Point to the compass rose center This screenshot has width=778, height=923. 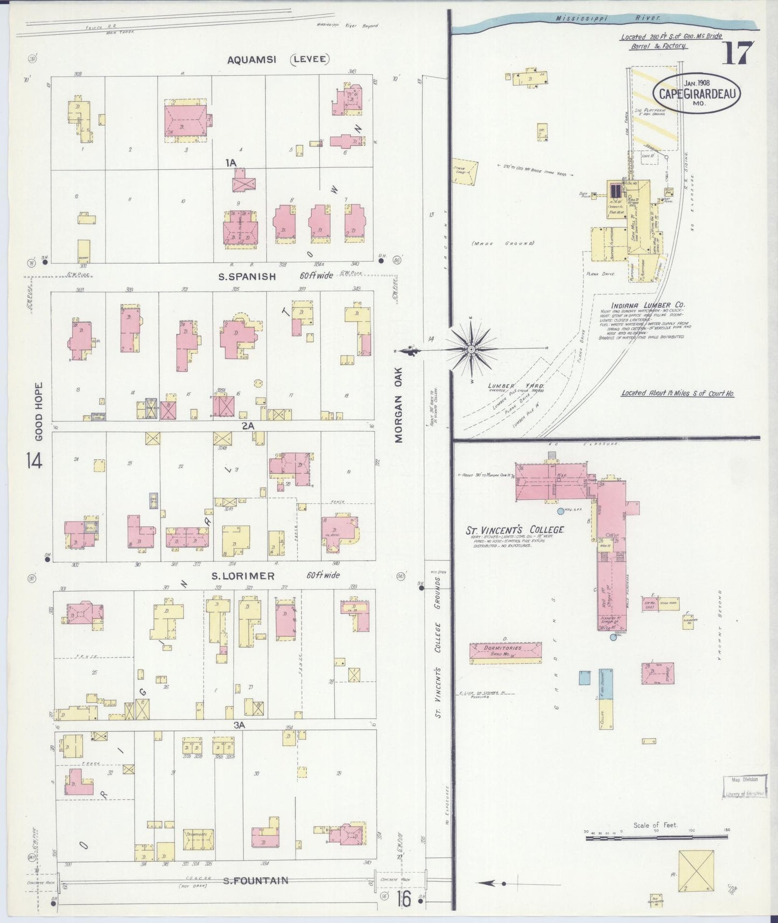pos(471,349)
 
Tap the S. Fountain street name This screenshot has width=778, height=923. pos(256,881)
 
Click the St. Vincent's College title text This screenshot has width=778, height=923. pos(515,530)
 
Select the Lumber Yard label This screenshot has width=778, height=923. pos(515,386)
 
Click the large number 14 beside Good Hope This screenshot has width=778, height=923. pos(33,460)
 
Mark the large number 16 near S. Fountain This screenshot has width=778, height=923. pos(404,898)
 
